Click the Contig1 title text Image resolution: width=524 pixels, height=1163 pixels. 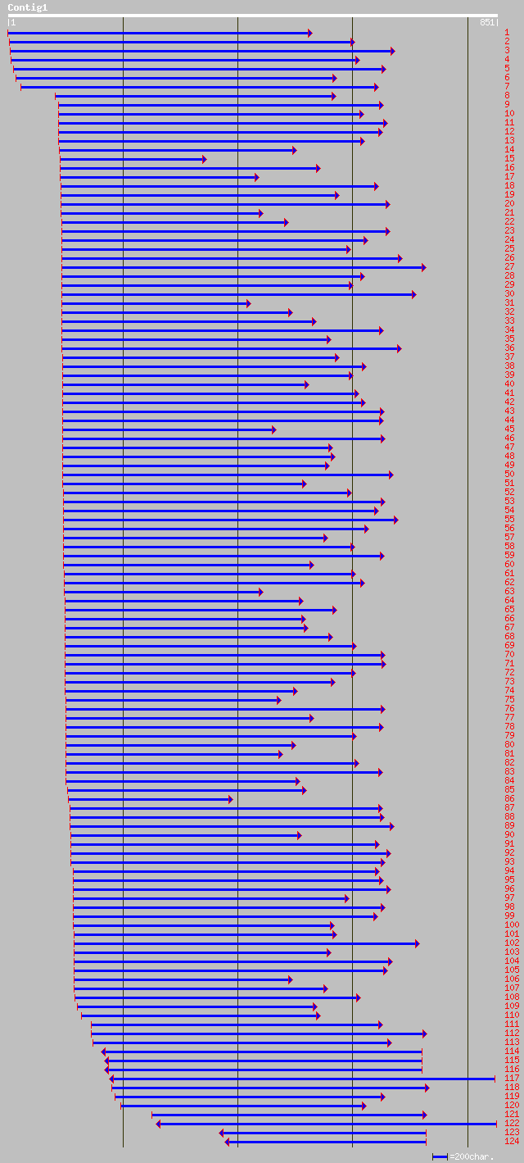click(x=28, y=7)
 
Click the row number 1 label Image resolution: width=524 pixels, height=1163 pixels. click(x=507, y=33)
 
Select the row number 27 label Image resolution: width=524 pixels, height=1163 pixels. click(x=509, y=267)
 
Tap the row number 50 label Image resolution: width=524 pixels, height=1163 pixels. click(x=509, y=475)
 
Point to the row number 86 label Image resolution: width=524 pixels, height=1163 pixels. click(x=509, y=799)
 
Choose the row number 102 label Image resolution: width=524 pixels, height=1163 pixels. click(x=512, y=943)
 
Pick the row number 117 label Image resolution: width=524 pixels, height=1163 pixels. click(x=512, y=1079)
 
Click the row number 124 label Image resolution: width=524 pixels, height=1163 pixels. click(x=512, y=1142)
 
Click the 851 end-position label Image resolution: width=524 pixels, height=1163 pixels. click(x=487, y=22)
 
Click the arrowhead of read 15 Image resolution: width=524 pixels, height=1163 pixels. click(x=204, y=159)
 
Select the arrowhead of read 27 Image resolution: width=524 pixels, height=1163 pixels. click(x=424, y=267)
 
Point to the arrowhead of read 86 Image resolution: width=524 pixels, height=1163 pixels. click(x=230, y=799)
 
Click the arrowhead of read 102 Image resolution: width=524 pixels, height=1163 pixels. click(x=417, y=943)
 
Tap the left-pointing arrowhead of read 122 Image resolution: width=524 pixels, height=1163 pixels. click(x=159, y=1124)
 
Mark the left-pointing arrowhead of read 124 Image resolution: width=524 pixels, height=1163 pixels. click(x=228, y=1142)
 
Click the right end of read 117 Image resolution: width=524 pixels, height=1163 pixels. click(x=495, y=1079)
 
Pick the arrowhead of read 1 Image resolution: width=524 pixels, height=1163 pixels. click(x=309, y=33)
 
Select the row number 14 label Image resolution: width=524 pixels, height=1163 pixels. click(x=509, y=150)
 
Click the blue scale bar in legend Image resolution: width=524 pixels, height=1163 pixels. click(x=440, y=1156)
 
